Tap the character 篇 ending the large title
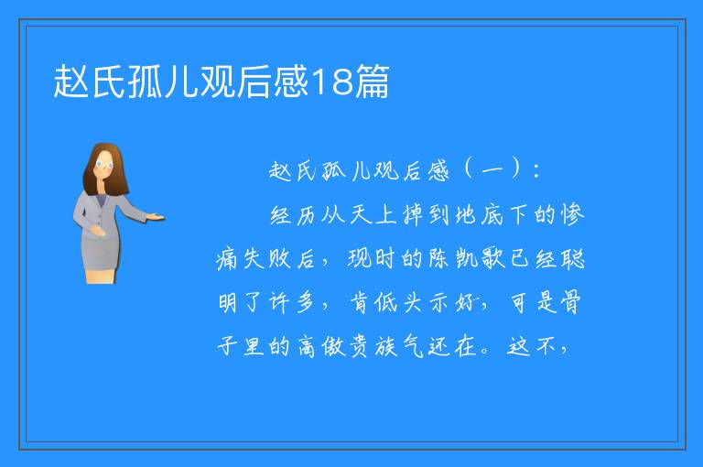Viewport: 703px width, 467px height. point(372,81)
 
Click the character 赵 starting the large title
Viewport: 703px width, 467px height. point(70,81)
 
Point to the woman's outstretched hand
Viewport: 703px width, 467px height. point(155,218)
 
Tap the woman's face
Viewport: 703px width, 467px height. point(103,165)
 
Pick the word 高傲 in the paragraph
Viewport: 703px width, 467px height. point(320,346)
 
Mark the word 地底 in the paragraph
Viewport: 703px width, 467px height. point(479,215)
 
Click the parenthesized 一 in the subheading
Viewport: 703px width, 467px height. point(492,171)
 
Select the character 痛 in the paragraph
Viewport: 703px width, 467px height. point(227,259)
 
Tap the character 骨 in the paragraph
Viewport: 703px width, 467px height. point(571,302)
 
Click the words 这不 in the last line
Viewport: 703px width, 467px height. point(532,346)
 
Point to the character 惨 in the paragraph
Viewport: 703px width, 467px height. point(572,215)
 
